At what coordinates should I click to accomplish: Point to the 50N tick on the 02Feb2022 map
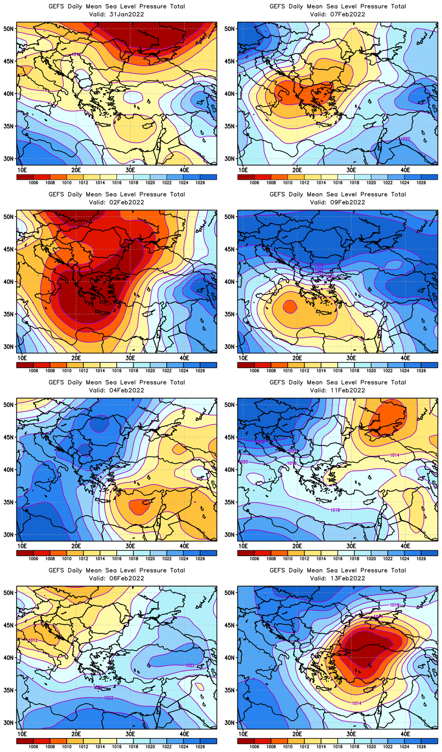click(x=9, y=217)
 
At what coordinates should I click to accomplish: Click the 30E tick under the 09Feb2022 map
click(x=351, y=358)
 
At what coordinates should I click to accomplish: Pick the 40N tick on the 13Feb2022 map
click(x=230, y=658)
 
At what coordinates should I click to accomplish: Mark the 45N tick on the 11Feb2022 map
click(x=230, y=437)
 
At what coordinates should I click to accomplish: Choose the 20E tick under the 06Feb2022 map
click(x=76, y=734)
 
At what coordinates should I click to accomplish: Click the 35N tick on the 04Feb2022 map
click(x=9, y=503)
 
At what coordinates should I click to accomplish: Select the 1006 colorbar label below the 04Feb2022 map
click(x=33, y=559)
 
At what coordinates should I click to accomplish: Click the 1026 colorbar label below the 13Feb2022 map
click(x=421, y=747)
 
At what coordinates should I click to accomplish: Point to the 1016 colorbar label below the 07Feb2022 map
click(x=338, y=183)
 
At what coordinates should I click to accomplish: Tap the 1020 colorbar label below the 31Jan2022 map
click(x=150, y=183)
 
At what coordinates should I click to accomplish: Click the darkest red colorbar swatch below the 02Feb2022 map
click(x=25, y=365)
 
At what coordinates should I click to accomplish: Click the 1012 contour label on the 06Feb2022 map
click(x=33, y=640)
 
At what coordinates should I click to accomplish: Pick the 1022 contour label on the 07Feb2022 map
click(x=405, y=139)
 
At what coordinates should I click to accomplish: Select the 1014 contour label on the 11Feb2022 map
click(x=394, y=455)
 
